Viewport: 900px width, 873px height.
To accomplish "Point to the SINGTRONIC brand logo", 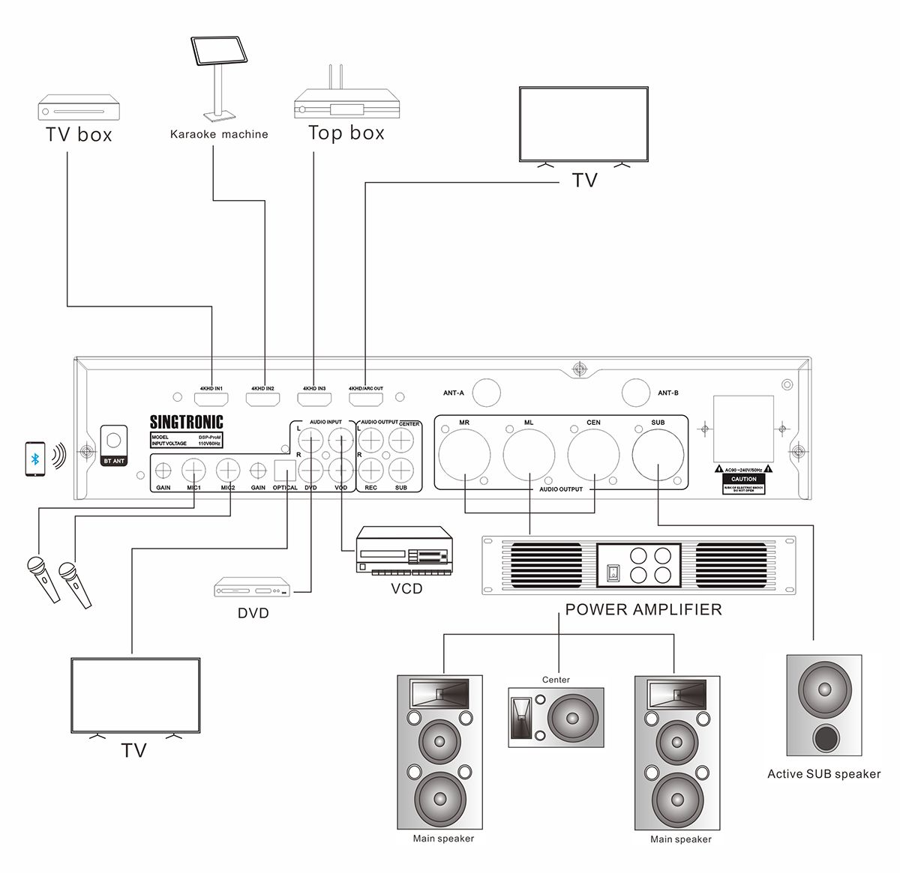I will (x=186, y=422).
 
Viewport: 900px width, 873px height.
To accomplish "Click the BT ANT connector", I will (x=114, y=439).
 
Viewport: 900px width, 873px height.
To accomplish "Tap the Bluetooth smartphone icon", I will (x=34, y=457).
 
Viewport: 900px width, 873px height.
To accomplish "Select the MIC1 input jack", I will (x=193, y=471).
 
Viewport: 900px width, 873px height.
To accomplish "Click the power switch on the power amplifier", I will (x=613, y=573).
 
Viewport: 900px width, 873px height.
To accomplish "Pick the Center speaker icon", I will (x=556, y=717).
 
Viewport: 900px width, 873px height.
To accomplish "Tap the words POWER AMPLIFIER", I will (x=643, y=609).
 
